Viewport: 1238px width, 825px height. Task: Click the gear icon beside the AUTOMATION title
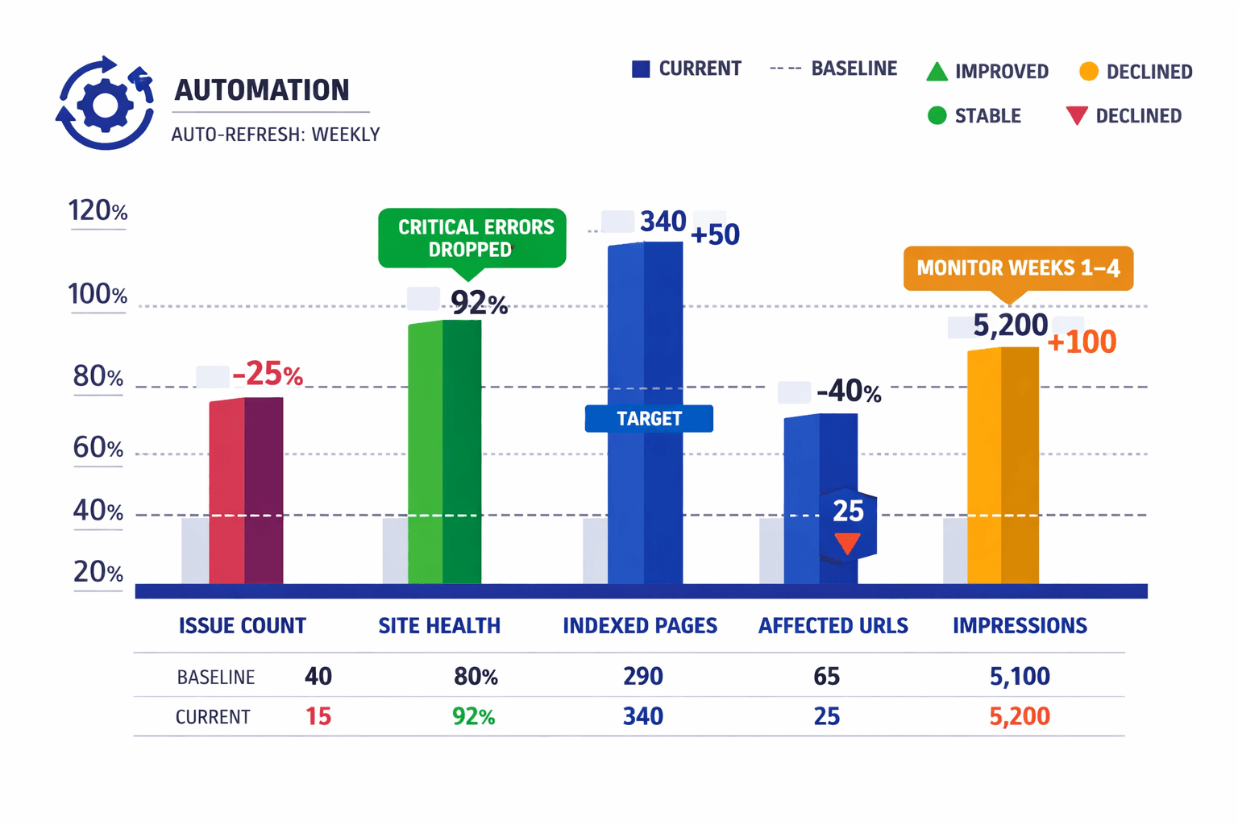(105, 104)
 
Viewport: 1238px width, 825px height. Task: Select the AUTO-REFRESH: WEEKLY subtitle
(275, 135)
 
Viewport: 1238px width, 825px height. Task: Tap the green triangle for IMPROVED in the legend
(937, 72)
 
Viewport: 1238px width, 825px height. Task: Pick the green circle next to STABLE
(937, 116)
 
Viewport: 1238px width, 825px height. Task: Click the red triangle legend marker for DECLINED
(1077, 116)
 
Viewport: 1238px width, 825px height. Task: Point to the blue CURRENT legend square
(641, 69)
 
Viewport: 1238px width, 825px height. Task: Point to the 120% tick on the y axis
(98, 212)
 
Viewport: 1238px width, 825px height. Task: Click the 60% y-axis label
(98, 448)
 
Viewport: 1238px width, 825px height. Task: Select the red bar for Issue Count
(246, 491)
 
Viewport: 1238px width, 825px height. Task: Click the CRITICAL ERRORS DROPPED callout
(472, 238)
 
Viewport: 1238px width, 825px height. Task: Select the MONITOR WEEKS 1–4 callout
(1018, 268)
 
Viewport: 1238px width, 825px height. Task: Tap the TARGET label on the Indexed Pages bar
(649, 419)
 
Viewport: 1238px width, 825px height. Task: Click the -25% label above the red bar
(267, 375)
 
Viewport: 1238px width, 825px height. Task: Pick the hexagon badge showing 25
(848, 522)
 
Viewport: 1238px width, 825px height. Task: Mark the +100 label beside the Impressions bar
(1082, 342)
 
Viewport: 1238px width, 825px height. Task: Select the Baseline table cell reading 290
(642, 676)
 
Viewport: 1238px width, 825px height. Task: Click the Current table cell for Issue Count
(318, 716)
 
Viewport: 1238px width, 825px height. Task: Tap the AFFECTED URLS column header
(833, 626)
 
